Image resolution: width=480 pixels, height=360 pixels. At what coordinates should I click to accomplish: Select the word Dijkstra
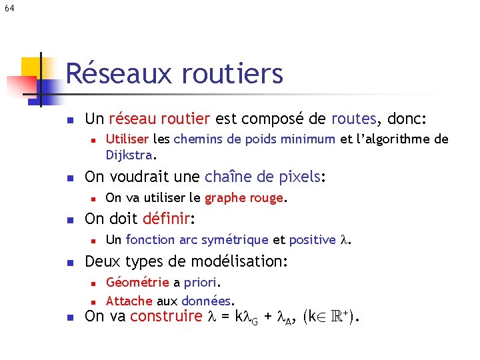point(129,155)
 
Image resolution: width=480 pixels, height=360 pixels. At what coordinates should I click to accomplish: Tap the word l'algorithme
point(398,139)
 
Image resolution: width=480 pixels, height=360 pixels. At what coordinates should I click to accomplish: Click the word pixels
point(299,177)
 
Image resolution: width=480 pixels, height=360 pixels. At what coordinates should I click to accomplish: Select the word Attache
point(129,301)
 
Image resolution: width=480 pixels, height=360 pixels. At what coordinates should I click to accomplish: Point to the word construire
point(166,317)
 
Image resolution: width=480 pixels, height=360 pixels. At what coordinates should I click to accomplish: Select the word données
point(207,301)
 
